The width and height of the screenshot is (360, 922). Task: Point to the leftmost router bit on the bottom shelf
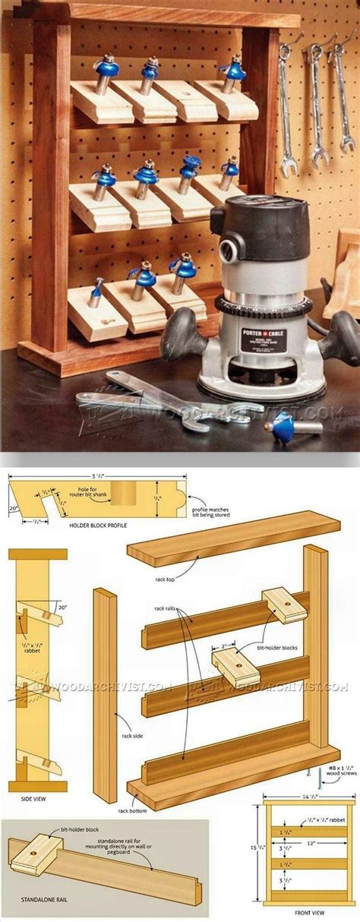point(96,292)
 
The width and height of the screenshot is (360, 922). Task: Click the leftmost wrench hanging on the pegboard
point(286,106)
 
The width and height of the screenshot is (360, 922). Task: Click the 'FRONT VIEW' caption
point(309,915)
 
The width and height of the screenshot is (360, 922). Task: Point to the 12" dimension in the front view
point(309,843)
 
